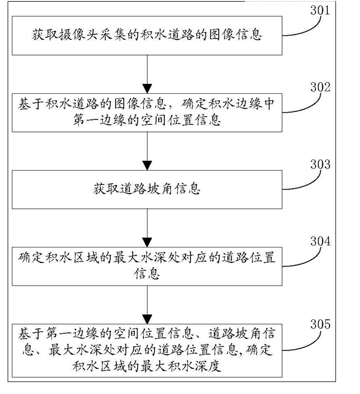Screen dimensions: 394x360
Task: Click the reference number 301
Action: tap(320, 9)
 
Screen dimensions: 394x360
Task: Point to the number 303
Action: tap(320, 164)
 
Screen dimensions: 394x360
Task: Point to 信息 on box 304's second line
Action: tap(147, 272)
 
